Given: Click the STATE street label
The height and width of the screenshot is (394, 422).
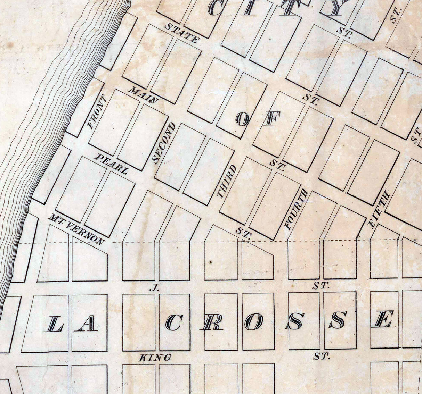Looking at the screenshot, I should pyautogui.click(x=181, y=33).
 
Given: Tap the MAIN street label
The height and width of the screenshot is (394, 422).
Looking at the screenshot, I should pyautogui.click(x=143, y=95).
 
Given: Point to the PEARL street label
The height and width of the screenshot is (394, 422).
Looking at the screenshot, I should pyautogui.click(x=112, y=164).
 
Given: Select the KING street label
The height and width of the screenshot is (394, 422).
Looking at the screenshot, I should pyautogui.click(x=155, y=358).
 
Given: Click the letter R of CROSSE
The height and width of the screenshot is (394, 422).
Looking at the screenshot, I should pyautogui.click(x=213, y=322).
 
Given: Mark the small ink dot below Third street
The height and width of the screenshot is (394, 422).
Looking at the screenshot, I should pyautogui.click(x=211, y=262).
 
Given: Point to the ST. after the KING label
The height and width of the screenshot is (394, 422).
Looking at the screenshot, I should pyautogui.click(x=321, y=356).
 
